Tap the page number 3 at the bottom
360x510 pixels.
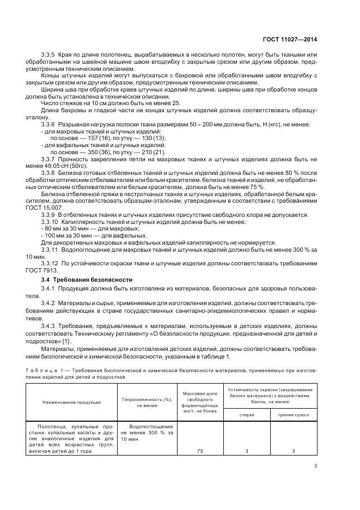click(316, 465)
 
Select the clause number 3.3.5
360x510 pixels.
click(50, 56)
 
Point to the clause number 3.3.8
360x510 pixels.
click(50, 172)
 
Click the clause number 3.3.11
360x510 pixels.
click(51, 249)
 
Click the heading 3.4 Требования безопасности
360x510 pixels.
click(77, 280)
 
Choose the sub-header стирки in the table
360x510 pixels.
click(247, 415)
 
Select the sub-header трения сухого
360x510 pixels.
click(294, 415)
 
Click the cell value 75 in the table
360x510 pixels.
click(200, 451)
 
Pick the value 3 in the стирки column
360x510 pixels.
click(247, 451)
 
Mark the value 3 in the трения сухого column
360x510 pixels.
click(294, 451)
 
